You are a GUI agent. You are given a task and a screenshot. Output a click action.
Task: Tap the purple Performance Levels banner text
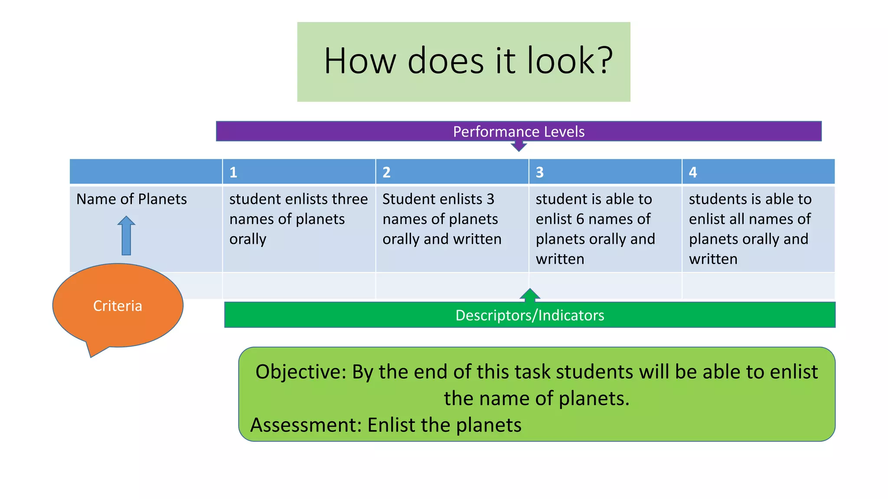pyautogui.click(x=519, y=131)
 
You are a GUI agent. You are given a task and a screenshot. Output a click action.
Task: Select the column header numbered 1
pyautogui.click(x=233, y=172)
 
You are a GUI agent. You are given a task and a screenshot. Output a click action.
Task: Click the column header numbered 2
pyautogui.click(x=386, y=172)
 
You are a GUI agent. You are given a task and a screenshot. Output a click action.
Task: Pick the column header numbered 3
pyautogui.click(x=539, y=172)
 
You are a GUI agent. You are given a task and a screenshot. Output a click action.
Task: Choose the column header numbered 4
pyautogui.click(x=692, y=172)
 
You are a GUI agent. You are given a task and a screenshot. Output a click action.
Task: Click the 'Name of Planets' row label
pyautogui.click(x=131, y=199)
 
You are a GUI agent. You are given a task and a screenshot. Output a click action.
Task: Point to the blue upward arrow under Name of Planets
pyautogui.click(x=126, y=236)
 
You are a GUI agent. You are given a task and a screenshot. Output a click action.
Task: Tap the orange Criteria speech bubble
pyautogui.click(x=118, y=306)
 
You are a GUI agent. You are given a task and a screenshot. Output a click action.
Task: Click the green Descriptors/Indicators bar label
pyautogui.click(x=529, y=315)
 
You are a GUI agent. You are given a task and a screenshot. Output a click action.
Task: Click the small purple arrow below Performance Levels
pyautogui.click(x=519, y=146)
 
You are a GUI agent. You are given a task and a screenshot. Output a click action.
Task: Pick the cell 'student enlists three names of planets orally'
pyautogui.click(x=298, y=219)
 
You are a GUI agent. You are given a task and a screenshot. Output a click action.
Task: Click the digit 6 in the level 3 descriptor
pyautogui.click(x=580, y=219)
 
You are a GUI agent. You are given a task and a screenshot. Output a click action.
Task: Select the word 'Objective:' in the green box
pyautogui.click(x=301, y=372)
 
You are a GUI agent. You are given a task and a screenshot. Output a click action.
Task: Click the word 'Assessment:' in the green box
pyautogui.click(x=306, y=425)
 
